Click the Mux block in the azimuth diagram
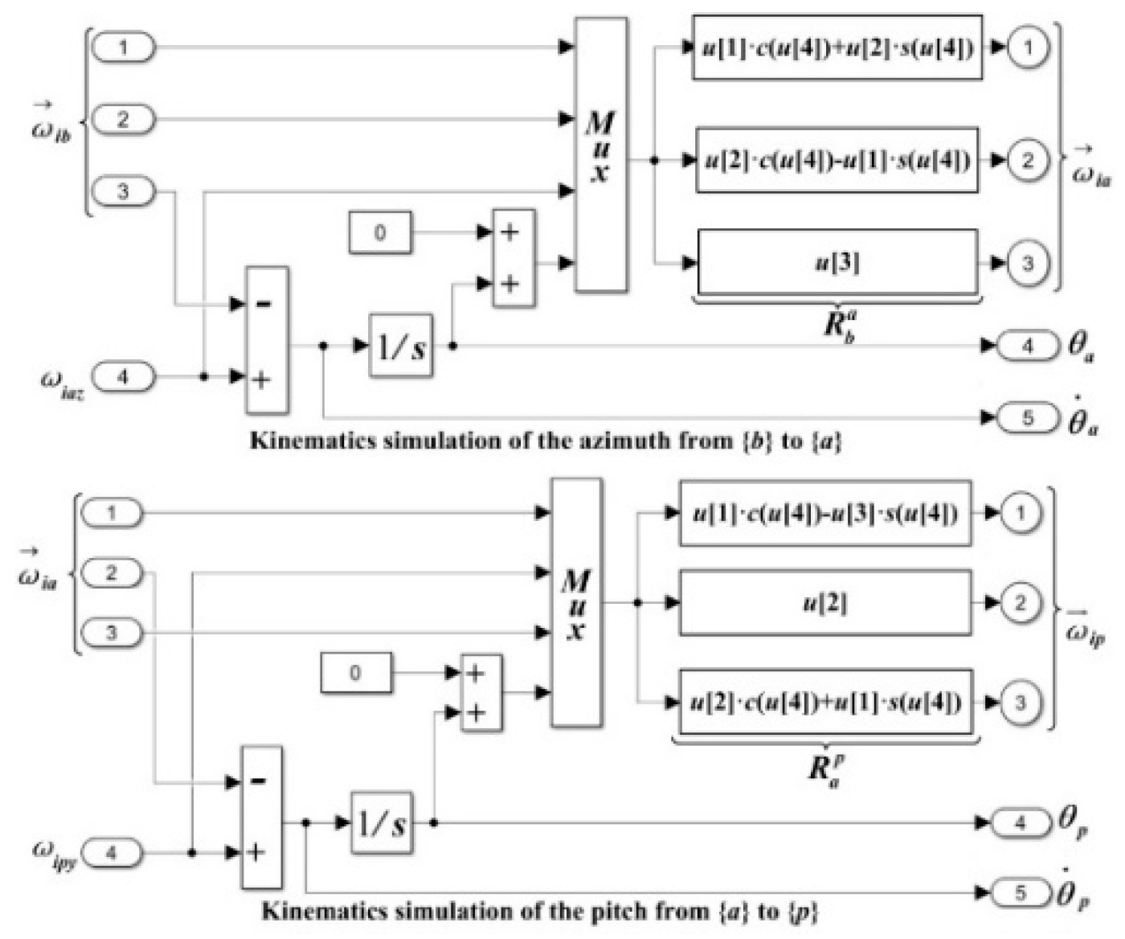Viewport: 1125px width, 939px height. (601, 154)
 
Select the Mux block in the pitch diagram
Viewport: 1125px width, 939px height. (576, 603)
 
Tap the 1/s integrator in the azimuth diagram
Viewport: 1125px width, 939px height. (401, 346)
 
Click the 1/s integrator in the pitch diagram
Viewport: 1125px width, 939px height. (382, 822)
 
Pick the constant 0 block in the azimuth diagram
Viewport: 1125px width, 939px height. (380, 232)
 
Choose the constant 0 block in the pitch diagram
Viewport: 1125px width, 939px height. (356, 673)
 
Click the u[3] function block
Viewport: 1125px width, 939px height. (837, 262)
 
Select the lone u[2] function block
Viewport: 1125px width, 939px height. (825, 603)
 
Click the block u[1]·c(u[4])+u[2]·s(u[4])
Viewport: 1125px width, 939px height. (837, 47)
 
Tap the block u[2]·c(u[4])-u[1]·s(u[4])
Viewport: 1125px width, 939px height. (837, 160)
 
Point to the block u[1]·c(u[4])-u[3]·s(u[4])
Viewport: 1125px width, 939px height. (825, 513)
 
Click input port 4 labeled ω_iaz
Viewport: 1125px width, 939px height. (123, 376)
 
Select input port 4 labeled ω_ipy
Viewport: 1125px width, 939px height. (112, 852)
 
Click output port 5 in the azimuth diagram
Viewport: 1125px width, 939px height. (1028, 418)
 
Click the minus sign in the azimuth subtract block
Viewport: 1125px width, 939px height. (263, 304)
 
